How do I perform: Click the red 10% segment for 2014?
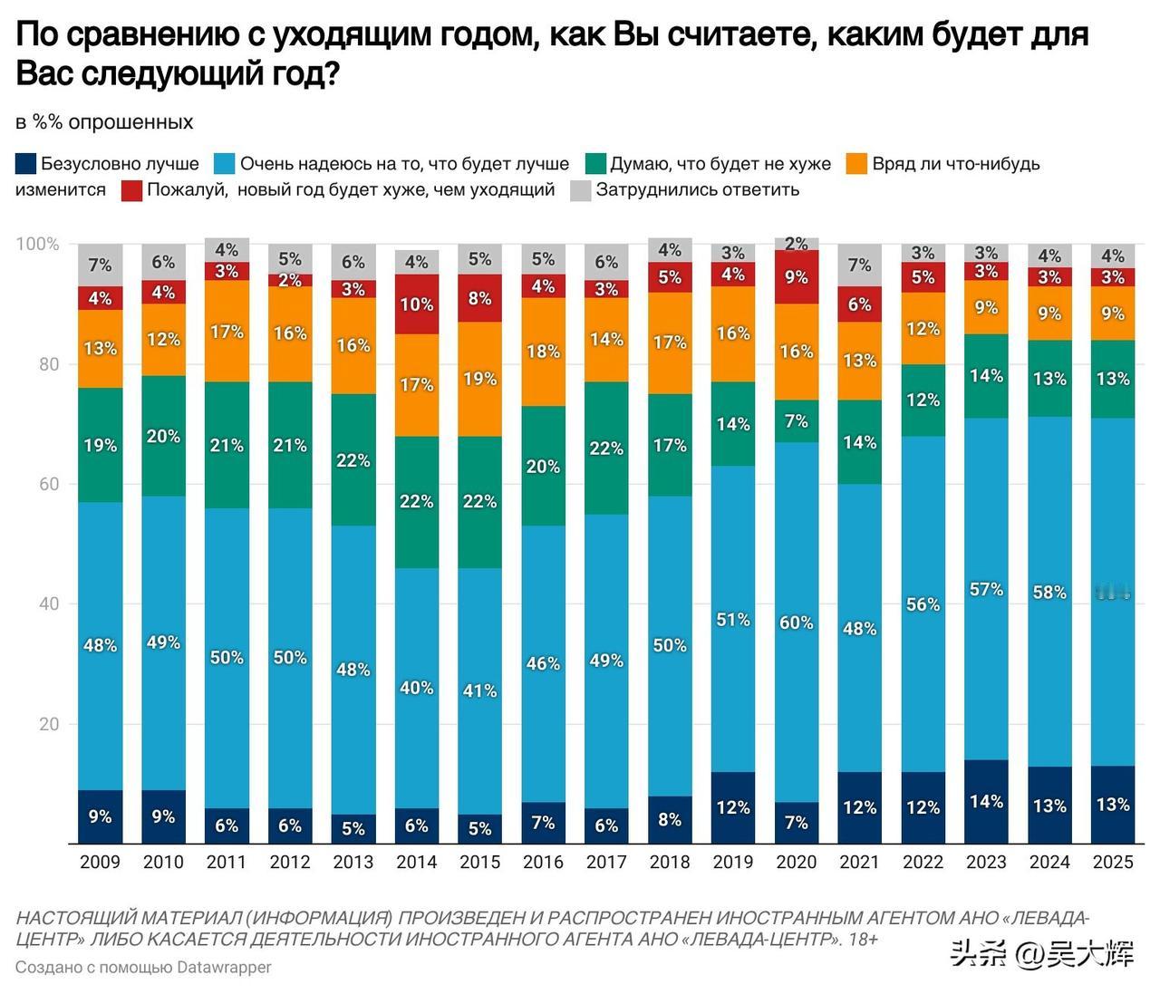click(x=417, y=304)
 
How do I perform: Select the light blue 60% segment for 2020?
click(x=797, y=622)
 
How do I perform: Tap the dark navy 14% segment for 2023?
click(x=986, y=802)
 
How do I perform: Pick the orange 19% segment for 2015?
click(x=479, y=379)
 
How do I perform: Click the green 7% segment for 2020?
click(x=797, y=421)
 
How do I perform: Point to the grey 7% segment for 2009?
click(x=100, y=265)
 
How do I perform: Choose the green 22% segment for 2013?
click(x=353, y=460)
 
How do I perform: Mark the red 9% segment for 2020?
click(x=797, y=277)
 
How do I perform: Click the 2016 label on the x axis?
click(x=543, y=862)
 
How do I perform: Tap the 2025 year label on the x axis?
click(x=1112, y=862)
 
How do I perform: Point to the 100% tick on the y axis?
click(x=37, y=245)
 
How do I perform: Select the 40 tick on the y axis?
click(x=48, y=604)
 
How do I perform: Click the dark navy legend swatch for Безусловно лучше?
click(x=26, y=164)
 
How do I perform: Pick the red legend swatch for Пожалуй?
click(x=132, y=190)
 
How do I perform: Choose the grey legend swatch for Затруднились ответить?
click(x=581, y=190)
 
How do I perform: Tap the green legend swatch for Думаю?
click(x=595, y=164)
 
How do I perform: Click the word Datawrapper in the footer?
click(x=224, y=967)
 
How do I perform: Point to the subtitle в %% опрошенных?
click(x=104, y=122)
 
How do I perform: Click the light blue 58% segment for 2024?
click(x=1049, y=593)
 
